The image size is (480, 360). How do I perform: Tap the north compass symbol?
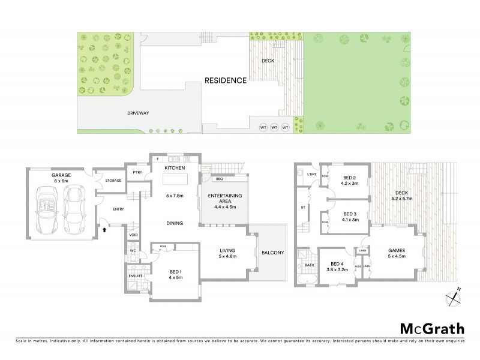[x=454, y=296]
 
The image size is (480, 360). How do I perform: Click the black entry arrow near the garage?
[x=106, y=229]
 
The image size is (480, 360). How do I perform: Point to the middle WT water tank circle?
[x=274, y=127]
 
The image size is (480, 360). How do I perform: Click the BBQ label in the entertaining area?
[x=220, y=179]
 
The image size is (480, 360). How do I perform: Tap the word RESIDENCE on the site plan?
[x=225, y=80]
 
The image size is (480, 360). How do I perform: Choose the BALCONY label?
[x=272, y=253]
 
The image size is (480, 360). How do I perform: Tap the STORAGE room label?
[x=113, y=180]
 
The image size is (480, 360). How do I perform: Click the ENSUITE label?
[x=135, y=276]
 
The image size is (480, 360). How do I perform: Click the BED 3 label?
[x=350, y=214]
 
